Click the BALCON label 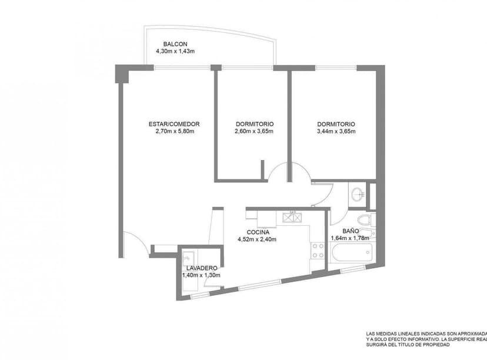coord(175,44)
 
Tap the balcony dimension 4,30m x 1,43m coord(175,52)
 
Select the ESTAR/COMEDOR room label coord(174,124)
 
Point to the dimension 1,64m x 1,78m coord(349,238)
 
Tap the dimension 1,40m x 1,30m coord(201,275)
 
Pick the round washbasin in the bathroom coord(357,194)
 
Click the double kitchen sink coord(292,216)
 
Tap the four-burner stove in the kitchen coord(318,251)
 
